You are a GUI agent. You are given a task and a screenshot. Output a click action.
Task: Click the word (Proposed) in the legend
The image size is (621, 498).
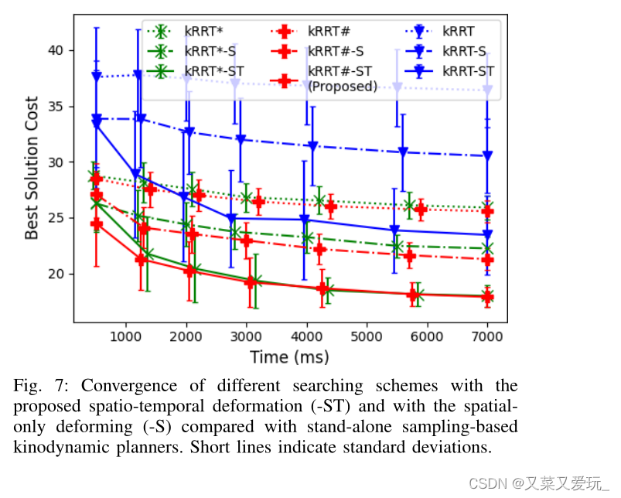coord(343,86)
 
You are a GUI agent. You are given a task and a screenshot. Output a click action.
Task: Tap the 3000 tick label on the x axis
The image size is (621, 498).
coord(246,337)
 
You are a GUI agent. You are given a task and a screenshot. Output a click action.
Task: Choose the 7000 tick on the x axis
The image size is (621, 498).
coord(487,337)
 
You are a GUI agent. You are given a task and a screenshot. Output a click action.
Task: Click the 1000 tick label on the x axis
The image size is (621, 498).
coord(125,337)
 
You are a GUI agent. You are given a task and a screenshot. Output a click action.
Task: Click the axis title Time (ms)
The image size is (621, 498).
coord(289,357)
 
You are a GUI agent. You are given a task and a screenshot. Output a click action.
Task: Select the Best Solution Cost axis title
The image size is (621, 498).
coord(32,168)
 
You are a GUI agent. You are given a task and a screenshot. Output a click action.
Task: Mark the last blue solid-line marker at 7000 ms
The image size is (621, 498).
coord(487,234)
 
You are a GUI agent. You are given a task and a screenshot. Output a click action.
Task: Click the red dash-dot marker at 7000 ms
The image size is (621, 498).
coord(487,260)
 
